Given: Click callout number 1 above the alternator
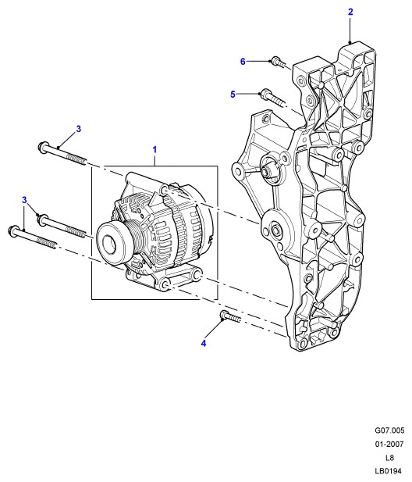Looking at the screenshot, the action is tap(154, 150).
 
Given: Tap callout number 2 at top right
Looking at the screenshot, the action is tap(350, 12).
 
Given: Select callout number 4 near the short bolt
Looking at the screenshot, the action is tap(204, 343).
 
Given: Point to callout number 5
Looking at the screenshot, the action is tap(233, 94).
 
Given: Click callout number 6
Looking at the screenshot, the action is tap(243, 62).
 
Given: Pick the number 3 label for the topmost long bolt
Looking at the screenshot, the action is tap(79, 129).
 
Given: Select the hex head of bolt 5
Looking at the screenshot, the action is tap(265, 93).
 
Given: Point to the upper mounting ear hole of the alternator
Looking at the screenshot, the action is tap(164, 191).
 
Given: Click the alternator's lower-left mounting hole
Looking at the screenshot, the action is tap(165, 284).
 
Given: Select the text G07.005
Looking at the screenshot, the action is tap(389, 430).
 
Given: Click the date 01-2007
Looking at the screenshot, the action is tap(389, 444).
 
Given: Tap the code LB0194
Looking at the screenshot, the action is tap(388, 471).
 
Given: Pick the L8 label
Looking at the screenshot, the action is tap(389, 458).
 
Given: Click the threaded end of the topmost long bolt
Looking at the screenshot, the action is tap(76, 159).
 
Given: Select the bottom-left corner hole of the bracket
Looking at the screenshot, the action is tap(303, 344).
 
